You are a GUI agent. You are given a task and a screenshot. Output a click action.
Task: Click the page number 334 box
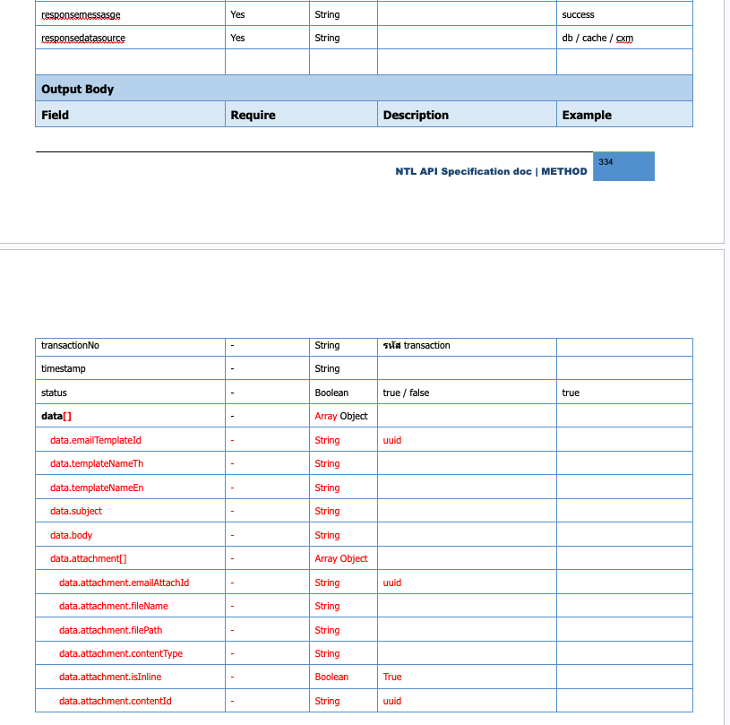click(x=623, y=166)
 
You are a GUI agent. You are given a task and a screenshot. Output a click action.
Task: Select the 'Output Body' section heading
click(x=78, y=89)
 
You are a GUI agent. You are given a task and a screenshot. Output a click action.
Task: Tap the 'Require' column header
click(x=253, y=115)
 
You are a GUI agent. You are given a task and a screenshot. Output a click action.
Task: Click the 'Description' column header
click(x=416, y=115)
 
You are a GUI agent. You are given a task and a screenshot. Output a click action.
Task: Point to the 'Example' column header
click(x=587, y=115)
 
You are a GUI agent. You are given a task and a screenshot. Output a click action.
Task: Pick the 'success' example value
click(x=578, y=14)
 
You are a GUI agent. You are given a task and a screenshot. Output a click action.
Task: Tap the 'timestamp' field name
click(x=64, y=368)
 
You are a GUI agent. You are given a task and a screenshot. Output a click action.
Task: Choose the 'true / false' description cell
click(x=406, y=393)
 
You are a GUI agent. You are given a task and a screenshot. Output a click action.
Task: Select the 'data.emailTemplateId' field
click(x=96, y=440)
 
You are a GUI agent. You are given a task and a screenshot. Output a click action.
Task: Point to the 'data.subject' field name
click(x=76, y=511)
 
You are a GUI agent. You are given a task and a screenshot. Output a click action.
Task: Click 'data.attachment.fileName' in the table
click(x=114, y=606)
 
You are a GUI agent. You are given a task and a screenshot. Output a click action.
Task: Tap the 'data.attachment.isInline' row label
click(x=110, y=677)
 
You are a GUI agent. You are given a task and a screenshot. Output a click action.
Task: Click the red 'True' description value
click(x=392, y=677)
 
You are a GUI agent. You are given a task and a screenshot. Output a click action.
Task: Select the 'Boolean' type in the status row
click(x=331, y=393)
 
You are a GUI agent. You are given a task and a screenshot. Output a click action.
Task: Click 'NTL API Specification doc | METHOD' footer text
click(x=491, y=171)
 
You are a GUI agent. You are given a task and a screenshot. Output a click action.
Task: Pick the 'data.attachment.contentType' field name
click(x=121, y=653)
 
